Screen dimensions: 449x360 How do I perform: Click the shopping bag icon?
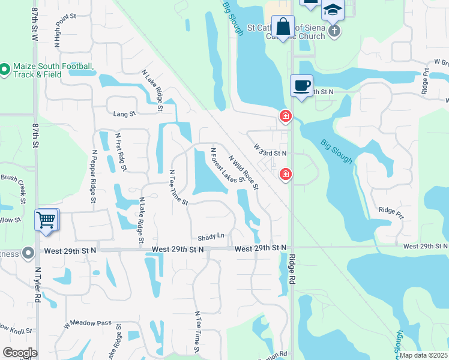283,27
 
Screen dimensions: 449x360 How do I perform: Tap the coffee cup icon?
301,86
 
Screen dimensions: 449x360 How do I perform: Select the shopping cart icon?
46,220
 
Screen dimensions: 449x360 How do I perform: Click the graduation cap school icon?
333,11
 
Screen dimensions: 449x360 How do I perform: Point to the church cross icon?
334,31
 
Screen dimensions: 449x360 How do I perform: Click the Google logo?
20,353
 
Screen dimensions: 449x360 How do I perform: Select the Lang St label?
125,113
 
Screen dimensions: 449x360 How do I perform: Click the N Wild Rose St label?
243,172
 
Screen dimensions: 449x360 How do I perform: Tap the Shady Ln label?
211,236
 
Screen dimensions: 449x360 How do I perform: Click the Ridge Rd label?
292,271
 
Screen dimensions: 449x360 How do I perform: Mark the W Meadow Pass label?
88,324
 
